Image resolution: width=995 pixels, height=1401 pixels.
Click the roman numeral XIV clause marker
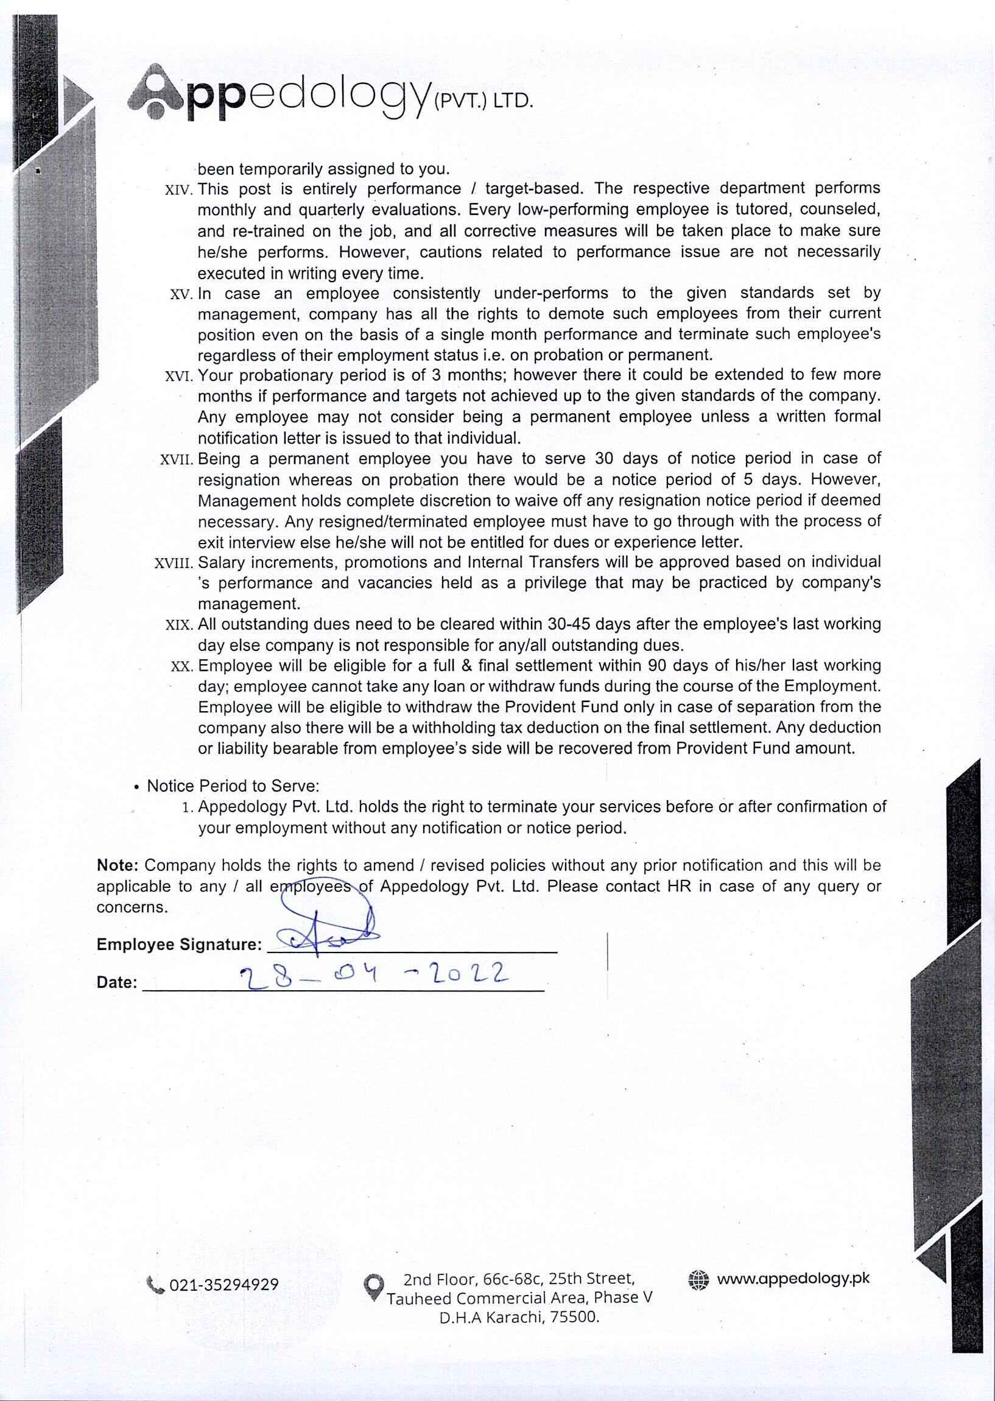pos(179,191)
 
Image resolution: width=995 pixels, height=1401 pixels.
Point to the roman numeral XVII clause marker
pos(177,460)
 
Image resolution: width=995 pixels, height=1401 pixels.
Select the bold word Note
pos(118,866)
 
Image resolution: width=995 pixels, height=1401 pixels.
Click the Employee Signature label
pos(179,944)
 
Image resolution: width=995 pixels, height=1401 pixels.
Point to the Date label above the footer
pos(116,982)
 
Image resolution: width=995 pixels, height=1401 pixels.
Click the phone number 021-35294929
pos(223,1285)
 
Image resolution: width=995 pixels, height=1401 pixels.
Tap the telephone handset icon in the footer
pos(156,1285)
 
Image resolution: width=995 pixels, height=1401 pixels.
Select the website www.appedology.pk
pos(793,1279)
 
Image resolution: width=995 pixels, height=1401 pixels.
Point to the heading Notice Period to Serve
pos(233,786)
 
